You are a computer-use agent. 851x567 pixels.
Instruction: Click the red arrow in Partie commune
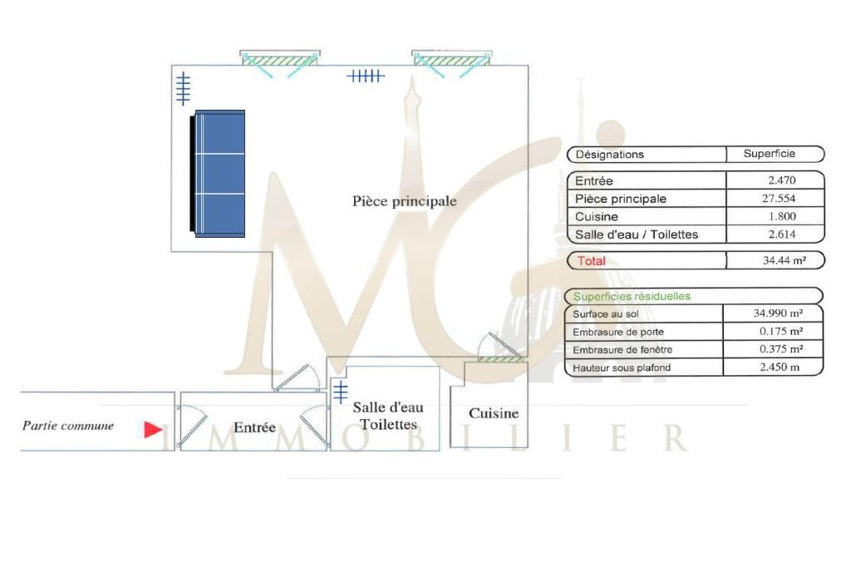click(153, 429)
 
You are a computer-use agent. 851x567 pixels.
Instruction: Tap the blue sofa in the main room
click(219, 174)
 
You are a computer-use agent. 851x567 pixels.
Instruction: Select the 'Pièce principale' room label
click(404, 201)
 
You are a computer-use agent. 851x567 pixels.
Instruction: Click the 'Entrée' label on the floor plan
click(254, 427)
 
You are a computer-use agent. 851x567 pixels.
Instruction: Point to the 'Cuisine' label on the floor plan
click(494, 413)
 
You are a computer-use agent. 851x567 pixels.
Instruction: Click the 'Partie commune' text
click(68, 426)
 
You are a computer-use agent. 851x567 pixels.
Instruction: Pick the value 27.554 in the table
click(782, 199)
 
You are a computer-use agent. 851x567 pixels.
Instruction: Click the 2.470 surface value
click(782, 180)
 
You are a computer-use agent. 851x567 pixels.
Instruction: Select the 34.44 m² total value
click(782, 260)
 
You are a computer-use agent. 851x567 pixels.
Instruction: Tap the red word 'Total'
click(592, 260)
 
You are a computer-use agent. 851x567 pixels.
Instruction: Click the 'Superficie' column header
click(769, 154)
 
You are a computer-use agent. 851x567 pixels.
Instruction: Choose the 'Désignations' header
click(609, 154)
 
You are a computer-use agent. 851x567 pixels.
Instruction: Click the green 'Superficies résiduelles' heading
click(632, 296)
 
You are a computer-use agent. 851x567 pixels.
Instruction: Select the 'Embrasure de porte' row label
click(618, 332)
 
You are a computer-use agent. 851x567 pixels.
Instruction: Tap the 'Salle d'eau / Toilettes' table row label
click(637, 234)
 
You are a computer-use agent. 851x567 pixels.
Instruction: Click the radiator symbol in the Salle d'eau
click(341, 392)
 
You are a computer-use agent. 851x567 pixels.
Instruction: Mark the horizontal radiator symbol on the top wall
click(365, 76)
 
